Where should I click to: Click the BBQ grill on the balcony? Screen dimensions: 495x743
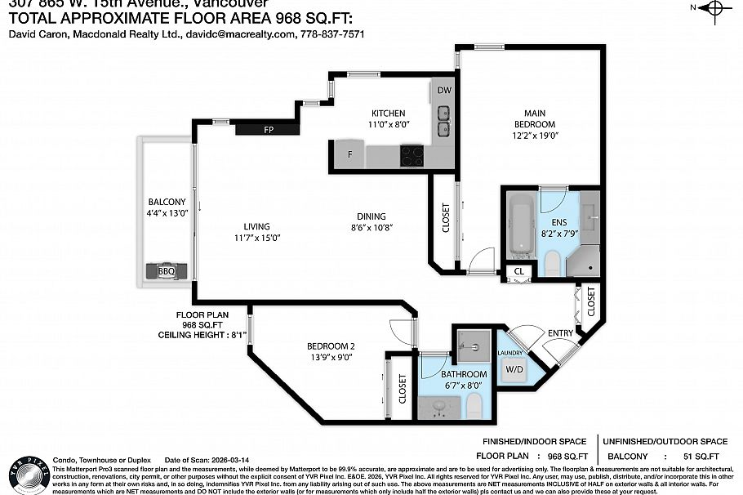tap(166, 271)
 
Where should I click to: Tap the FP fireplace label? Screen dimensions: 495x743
tap(267, 130)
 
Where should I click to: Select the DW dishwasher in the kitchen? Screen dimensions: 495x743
tap(443, 91)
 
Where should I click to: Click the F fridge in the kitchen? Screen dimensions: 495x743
tap(349, 154)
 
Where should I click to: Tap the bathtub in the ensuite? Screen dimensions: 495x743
tap(519, 225)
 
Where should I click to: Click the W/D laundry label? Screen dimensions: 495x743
tap(515, 368)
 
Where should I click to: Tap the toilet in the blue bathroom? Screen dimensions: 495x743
tap(474, 404)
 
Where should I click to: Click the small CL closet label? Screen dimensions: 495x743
tap(518, 271)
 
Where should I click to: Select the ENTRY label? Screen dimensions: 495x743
tap(560, 332)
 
